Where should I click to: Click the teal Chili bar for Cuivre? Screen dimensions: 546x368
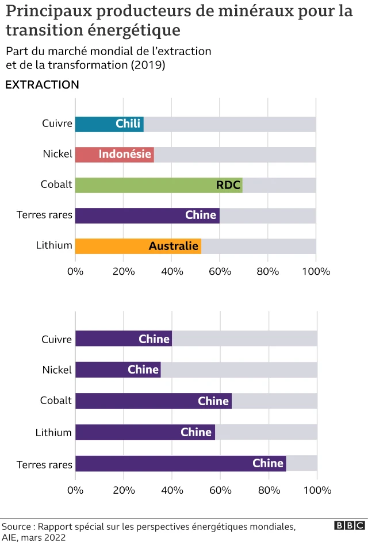point(109,124)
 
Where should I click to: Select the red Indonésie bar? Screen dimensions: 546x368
point(114,155)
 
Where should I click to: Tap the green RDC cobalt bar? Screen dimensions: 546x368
point(158,185)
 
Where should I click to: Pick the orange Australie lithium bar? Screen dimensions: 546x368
point(138,246)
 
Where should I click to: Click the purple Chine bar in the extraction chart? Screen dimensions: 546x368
point(147,216)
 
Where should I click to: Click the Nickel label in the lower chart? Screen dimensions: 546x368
point(57,370)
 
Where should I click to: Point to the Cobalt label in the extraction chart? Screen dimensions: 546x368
point(56,184)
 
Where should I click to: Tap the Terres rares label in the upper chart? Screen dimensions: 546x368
point(44,215)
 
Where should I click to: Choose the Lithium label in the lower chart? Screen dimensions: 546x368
point(53,432)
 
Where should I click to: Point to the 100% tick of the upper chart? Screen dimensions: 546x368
point(316,271)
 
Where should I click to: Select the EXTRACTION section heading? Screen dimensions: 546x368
point(42,85)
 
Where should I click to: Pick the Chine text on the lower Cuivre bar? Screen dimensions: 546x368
point(154,339)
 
